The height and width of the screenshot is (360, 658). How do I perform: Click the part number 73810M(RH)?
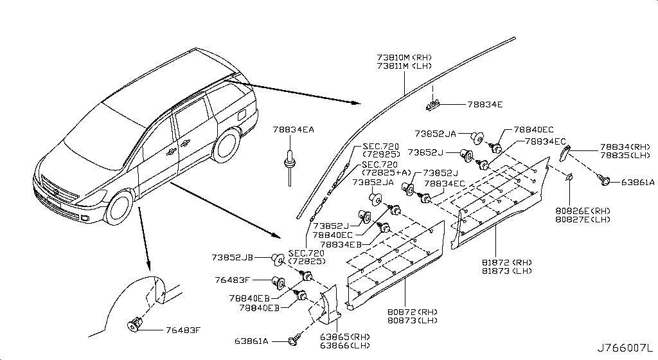[404, 58]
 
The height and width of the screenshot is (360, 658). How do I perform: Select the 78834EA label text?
[293, 130]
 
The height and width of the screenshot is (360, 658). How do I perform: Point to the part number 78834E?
[485, 104]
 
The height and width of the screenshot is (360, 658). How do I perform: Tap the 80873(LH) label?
[411, 320]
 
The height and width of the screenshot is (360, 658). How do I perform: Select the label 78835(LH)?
[625, 156]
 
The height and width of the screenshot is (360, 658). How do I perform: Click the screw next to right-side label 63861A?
[605, 181]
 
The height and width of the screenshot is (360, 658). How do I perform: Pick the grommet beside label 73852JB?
[278, 258]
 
